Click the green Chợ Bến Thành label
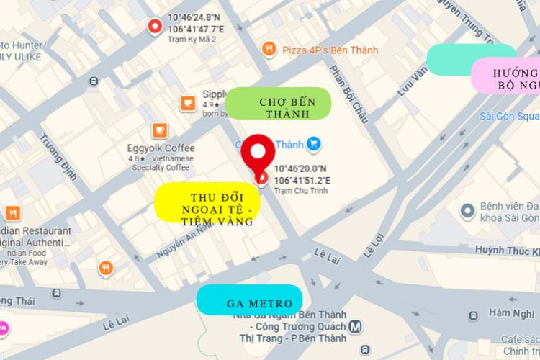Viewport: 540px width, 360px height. tap(279, 103)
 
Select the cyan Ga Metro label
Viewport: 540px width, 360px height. tap(249, 300)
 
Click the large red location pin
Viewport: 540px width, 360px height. tap(258, 157)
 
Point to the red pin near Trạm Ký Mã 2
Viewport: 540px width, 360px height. tap(154, 27)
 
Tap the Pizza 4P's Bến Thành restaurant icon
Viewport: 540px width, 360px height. tap(269, 49)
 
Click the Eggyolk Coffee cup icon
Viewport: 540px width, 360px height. tap(160, 131)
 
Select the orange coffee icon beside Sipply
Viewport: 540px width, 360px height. tap(188, 103)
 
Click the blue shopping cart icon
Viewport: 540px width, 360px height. tap(314, 144)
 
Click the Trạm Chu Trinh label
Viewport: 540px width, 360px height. tap(298, 192)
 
